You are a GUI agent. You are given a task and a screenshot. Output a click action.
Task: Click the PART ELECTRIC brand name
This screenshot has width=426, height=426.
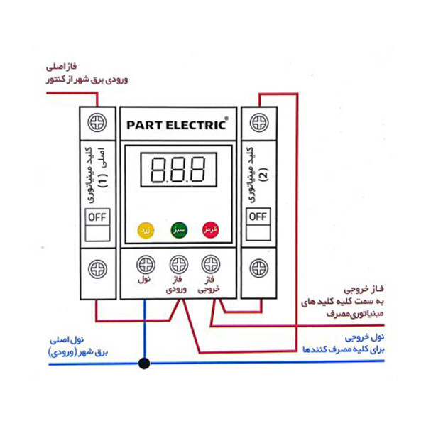(176, 124)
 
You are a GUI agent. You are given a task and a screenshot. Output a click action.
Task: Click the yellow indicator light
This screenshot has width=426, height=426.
(144, 230)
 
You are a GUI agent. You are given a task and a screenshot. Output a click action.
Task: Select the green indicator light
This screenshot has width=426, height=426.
(177, 230)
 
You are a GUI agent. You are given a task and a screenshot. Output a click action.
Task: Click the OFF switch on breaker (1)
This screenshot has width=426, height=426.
(97, 217)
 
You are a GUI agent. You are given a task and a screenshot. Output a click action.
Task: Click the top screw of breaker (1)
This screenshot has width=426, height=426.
(97, 123)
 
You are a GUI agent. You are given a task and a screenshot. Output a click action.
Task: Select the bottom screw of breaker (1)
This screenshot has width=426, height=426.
(97, 269)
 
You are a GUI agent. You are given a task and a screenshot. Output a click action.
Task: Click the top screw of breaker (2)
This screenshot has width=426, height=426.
(258, 123)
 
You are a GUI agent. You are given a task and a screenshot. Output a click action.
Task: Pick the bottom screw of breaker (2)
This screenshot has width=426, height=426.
(258, 269)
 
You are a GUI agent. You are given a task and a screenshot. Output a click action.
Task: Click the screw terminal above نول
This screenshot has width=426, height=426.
(145, 264)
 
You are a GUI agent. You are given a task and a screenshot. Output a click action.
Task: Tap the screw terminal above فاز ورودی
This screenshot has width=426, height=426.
(177, 264)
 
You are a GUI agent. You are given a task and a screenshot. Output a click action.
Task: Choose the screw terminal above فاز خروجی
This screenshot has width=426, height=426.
(210, 264)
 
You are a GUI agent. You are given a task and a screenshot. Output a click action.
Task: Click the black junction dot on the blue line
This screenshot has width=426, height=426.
(144, 364)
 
